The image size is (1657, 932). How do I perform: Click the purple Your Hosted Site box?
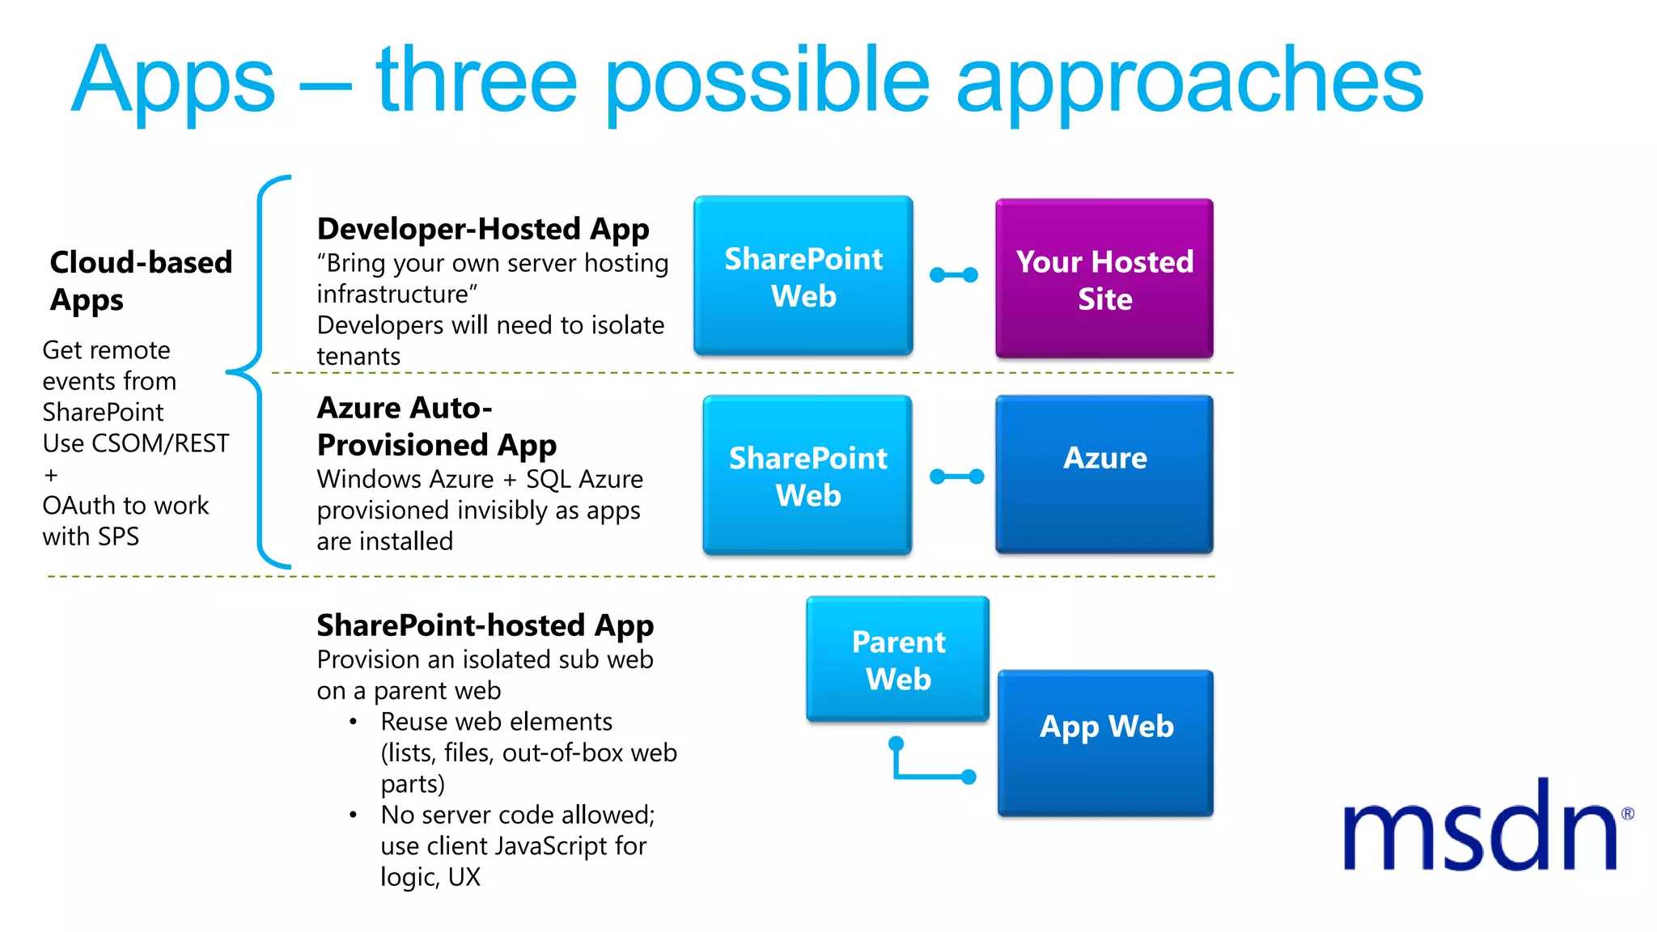click(x=1104, y=279)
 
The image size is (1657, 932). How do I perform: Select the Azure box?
click(x=1104, y=474)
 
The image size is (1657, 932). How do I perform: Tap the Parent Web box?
click(x=897, y=659)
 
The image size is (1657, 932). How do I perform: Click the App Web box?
click(x=1105, y=742)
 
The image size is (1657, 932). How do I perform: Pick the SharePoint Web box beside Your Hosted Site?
click(x=803, y=276)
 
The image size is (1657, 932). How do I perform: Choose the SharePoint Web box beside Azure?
click(x=807, y=475)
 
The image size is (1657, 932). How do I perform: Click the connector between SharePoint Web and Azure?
click(x=956, y=477)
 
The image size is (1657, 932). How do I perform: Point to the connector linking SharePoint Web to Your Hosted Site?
click(x=953, y=275)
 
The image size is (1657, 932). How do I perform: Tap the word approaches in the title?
click(x=1189, y=82)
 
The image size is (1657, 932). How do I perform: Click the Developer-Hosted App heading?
click(x=483, y=229)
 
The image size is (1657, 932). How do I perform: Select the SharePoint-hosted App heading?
click(x=485, y=625)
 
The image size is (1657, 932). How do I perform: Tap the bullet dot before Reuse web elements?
click(x=353, y=722)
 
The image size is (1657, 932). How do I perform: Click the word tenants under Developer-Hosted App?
click(x=358, y=356)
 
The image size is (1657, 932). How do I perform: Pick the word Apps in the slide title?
click(x=174, y=82)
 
